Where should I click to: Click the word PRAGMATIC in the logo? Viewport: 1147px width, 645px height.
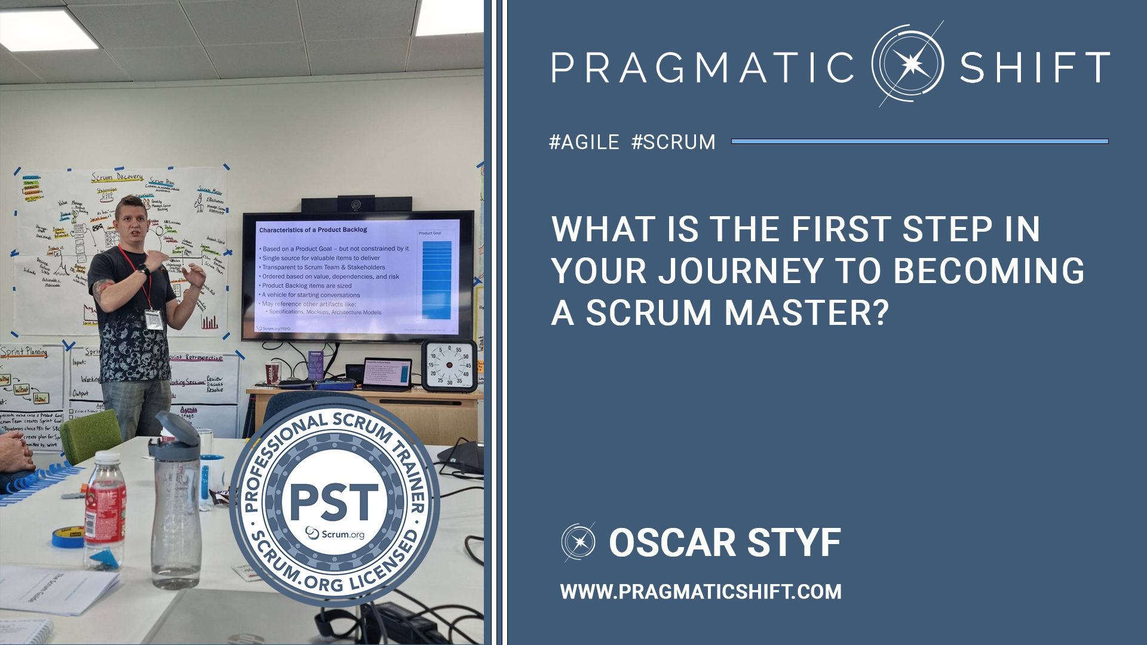(x=703, y=67)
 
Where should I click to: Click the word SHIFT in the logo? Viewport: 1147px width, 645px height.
(x=1034, y=67)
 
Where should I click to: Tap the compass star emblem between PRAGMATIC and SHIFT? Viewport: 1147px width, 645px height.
(x=908, y=64)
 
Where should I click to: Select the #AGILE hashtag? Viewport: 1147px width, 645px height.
(x=584, y=142)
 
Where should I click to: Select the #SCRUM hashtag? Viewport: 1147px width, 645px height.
(x=673, y=142)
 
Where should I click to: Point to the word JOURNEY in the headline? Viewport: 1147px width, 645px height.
(x=741, y=271)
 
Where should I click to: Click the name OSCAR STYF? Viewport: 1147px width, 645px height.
(x=725, y=543)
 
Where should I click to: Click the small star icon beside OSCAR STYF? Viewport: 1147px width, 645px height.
(x=578, y=542)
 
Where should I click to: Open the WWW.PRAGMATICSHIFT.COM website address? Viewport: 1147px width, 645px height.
(x=700, y=592)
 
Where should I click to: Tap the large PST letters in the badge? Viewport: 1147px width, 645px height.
(x=334, y=502)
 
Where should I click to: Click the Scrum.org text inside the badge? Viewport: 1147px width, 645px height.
(x=336, y=533)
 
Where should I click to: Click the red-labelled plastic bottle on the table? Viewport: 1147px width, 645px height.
(x=105, y=508)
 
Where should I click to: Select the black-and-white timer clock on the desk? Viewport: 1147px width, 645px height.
(x=449, y=365)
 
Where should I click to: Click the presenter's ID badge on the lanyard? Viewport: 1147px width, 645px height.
(x=154, y=319)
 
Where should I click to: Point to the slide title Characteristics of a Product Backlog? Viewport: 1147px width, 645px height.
(x=313, y=230)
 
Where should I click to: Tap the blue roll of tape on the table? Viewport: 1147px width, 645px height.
(x=68, y=537)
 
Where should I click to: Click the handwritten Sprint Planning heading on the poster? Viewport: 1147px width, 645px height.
(x=24, y=352)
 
